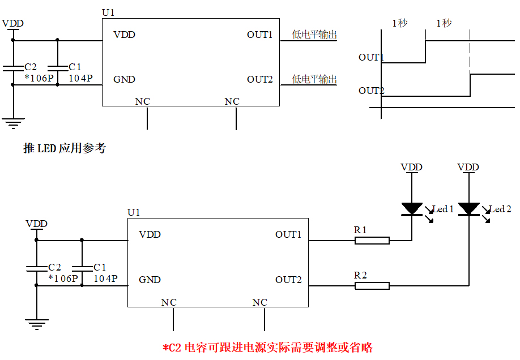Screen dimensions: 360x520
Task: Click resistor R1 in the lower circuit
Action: point(372,241)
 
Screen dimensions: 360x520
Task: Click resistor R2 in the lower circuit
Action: point(372,286)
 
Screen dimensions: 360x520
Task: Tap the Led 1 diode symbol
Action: point(412,209)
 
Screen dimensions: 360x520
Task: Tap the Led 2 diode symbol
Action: point(468,209)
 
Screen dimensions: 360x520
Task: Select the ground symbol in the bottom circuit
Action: point(36,324)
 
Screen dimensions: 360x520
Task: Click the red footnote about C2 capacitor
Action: point(267,347)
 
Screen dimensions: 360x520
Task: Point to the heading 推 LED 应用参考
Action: point(65,148)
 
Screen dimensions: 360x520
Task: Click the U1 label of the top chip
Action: point(108,12)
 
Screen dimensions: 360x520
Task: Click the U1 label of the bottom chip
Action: point(134,212)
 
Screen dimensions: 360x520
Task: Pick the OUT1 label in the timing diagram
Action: point(371,57)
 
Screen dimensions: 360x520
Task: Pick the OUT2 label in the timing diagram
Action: point(371,91)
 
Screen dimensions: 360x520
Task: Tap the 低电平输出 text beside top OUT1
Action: point(314,35)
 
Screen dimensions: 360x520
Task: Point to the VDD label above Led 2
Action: point(468,167)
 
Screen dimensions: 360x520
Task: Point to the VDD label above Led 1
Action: point(411,167)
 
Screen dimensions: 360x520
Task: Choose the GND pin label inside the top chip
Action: point(124,79)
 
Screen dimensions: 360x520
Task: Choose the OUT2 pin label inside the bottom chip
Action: point(288,280)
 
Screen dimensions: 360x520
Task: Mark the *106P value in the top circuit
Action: point(38,78)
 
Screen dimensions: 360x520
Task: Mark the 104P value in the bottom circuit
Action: point(105,278)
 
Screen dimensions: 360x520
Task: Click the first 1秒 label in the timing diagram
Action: point(399,23)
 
